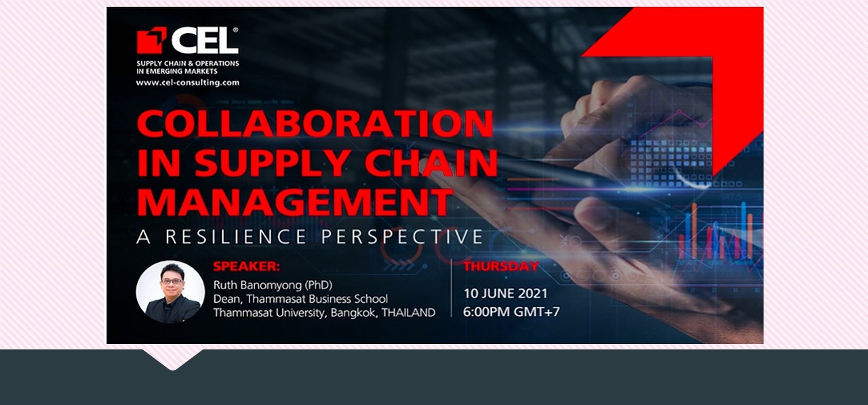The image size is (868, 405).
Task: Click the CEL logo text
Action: tap(204, 41)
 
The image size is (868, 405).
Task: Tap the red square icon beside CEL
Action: tap(151, 41)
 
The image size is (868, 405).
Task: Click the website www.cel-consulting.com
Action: tap(187, 83)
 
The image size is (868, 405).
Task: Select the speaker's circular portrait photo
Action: tap(170, 291)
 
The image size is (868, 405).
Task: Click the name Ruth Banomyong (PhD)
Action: tap(273, 284)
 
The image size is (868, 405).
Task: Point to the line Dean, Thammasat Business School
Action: tap(300, 299)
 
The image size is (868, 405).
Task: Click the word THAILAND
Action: tap(409, 313)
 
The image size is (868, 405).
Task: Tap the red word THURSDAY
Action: tap(501, 266)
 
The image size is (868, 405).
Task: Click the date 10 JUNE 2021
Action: tap(505, 294)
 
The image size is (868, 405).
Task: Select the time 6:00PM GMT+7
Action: tap(511, 312)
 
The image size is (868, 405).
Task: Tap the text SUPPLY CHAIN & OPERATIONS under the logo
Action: tap(187, 64)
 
